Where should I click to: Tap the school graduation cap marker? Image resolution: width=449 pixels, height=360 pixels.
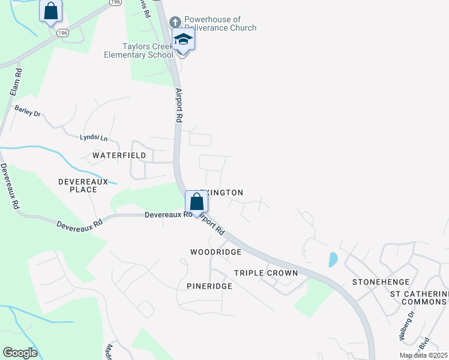tap(184, 41)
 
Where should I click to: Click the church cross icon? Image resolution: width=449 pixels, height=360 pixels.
tap(175, 22)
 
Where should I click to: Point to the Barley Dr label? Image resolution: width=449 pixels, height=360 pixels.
tap(27, 111)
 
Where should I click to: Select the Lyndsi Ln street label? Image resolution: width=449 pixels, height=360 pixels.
tap(94, 138)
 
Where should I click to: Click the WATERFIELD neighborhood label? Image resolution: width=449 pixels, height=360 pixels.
tap(119, 155)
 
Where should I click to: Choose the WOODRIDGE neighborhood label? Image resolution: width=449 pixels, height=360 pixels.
tap(215, 252)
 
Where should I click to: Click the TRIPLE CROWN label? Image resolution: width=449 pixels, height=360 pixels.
tap(266, 273)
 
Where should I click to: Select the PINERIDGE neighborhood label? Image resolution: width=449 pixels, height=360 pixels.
tap(209, 286)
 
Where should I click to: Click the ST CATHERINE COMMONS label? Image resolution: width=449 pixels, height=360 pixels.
tap(419, 298)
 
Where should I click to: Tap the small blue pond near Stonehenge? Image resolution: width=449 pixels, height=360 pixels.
tap(333, 259)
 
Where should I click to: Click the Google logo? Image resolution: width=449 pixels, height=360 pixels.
tap(20, 353)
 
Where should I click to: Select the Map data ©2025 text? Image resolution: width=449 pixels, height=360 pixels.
tap(423, 355)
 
